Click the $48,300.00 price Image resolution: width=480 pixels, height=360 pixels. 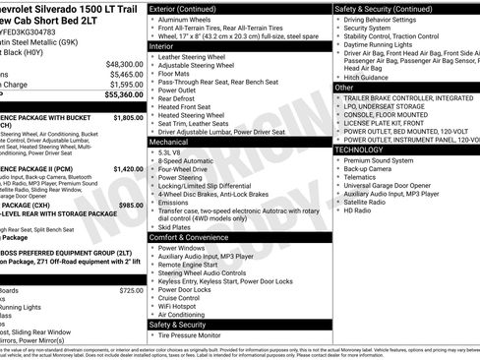click(x=124, y=63)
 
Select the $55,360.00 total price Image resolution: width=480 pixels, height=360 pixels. click(x=124, y=94)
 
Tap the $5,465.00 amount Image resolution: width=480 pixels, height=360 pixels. click(x=126, y=74)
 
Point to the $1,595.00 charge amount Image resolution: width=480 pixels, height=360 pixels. click(x=126, y=85)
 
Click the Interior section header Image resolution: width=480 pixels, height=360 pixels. click(x=161, y=46)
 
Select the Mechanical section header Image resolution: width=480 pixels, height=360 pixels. click(x=168, y=143)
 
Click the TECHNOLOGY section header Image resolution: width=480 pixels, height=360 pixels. click(x=361, y=150)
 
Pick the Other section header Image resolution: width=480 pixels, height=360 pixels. click(x=344, y=88)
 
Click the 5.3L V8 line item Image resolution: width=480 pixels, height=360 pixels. click(x=171, y=153)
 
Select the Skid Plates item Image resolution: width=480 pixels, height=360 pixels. click(x=175, y=227)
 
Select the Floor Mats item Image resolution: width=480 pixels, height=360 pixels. click(x=175, y=74)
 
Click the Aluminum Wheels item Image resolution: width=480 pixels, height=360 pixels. click(x=186, y=20)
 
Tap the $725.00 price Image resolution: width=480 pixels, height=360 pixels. click(x=130, y=291)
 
